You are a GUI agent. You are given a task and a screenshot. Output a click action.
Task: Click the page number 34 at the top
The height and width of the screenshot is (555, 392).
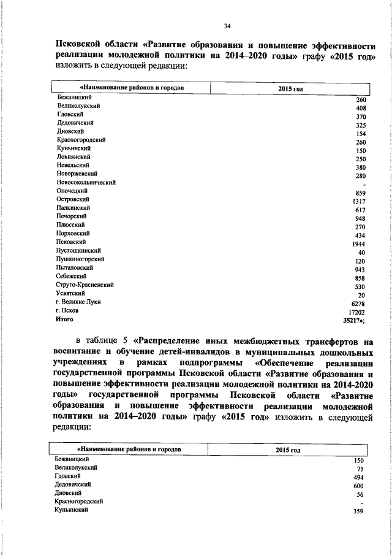(x=227, y=25)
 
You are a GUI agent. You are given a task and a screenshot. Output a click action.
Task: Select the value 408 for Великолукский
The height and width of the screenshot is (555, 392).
(x=360, y=108)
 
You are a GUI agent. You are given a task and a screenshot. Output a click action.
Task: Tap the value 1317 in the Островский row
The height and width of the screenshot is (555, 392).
(x=359, y=202)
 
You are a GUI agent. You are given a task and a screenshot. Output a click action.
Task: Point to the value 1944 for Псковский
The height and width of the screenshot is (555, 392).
(x=359, y=244)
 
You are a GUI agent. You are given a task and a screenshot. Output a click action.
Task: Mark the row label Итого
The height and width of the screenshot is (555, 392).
(x=65, y=319)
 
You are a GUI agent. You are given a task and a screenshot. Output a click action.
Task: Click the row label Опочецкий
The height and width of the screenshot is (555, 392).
(x=72, y=191)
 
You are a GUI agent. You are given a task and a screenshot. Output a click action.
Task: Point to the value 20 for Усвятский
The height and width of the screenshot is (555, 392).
(x=361, y=295)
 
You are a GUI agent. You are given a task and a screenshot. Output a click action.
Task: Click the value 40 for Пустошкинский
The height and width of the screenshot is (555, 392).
(x=361, y=253)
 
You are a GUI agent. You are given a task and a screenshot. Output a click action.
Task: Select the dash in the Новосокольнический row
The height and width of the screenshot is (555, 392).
(x=364, y=185)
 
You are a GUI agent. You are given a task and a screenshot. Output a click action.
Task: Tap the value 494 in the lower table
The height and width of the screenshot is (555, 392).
(x=360, y=478)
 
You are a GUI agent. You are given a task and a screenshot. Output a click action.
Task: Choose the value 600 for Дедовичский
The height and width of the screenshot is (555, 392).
(x=360, y=486)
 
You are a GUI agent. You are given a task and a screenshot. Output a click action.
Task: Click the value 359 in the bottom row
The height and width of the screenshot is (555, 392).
(x=360, y=511)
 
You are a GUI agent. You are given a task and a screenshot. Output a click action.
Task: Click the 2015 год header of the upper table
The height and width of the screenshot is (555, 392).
(x=289, y=88)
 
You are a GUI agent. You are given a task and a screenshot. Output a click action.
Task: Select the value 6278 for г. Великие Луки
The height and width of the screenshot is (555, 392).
(x=359, y=304)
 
